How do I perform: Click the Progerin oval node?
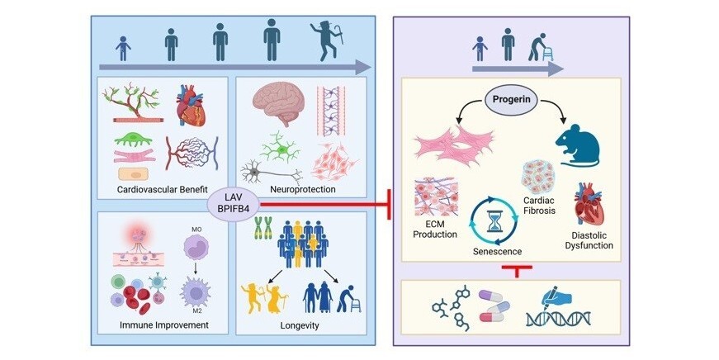tap(510, 103)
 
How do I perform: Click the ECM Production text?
tap(433, 230)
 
